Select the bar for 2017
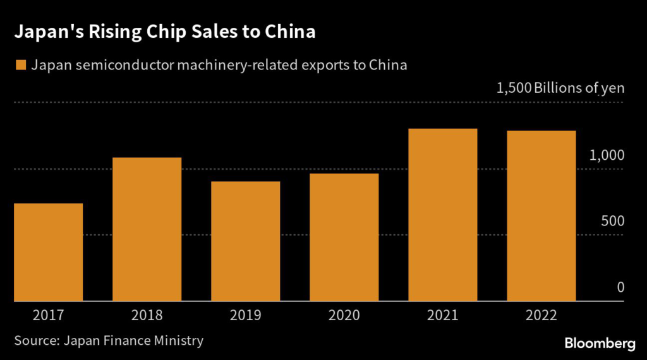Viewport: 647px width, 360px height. coord(49,253)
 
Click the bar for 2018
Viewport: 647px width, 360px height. coord(147,229)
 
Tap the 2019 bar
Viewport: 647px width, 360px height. coord(246,241)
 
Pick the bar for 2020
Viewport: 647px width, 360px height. coord(344,237)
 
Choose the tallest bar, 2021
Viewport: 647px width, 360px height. coord(443,215)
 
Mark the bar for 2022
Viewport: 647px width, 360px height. coord(541,216)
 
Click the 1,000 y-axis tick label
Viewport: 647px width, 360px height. coord(607,155)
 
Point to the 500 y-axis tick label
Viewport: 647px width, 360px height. coord(612,222)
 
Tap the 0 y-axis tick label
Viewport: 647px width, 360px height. coord(620,288)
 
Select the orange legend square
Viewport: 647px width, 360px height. coord(21,65)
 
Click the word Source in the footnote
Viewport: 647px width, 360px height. coord(35,341)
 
